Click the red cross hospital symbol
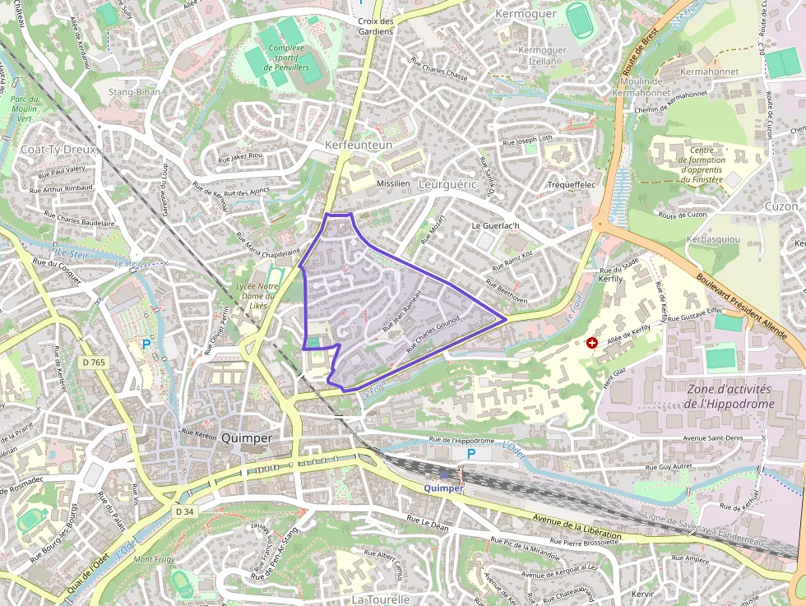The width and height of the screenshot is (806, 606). tap(591, 342)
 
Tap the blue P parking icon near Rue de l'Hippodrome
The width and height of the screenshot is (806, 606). tap(471, 454)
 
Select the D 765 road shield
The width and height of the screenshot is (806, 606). tap(94, 363)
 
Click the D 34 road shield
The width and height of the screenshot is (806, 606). tap(184, 511)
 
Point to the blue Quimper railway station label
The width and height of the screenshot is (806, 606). tap(443, 488)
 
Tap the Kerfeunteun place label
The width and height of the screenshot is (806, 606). tap(359, 145)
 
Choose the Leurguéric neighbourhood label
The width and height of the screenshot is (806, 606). tap(447, 185)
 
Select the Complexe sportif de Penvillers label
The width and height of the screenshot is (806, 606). tap(286, 58)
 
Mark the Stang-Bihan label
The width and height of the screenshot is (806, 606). tap(134, 92)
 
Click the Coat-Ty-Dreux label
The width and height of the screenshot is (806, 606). tap(58, 150)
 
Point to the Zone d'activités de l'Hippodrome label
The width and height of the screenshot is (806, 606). tap(729, 396)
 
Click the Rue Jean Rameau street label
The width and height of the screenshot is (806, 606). tap(401, 313)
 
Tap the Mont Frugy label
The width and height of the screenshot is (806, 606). tap(153, 560)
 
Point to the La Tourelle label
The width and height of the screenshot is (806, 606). tap(380, 599)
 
